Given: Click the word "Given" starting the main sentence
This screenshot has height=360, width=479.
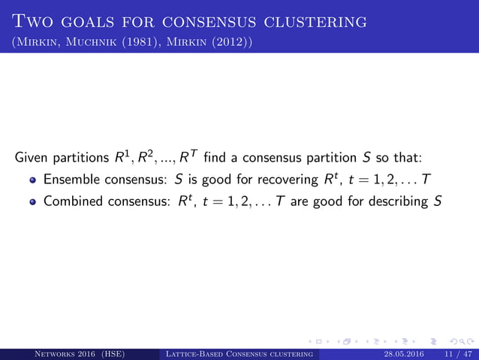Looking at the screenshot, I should tap(32, 159).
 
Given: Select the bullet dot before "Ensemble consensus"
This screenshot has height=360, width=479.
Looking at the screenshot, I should tap(33, 181).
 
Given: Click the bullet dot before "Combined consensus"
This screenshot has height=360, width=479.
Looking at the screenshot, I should tap(33, 203).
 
